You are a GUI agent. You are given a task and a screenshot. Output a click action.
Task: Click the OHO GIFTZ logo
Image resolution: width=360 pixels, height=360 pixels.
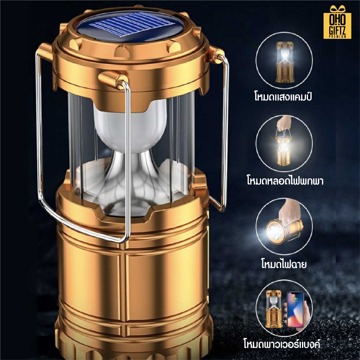(337, 22)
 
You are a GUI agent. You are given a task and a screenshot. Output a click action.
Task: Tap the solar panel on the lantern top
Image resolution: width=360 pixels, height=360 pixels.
(130, 27)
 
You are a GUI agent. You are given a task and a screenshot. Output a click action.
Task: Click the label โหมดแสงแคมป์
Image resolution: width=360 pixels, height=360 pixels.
(283, 96)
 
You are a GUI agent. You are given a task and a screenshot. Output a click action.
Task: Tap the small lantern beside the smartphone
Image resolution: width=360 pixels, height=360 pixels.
(274, 309)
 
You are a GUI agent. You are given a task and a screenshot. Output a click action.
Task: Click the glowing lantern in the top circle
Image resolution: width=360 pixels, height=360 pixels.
(284, 62)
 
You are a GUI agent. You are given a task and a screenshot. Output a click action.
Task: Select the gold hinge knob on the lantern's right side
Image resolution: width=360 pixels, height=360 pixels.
(216, 55)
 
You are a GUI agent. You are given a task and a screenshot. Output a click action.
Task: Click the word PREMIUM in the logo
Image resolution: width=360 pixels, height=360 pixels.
(338, 36)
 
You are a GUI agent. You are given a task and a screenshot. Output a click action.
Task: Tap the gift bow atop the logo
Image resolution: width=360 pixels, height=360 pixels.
(338, 9)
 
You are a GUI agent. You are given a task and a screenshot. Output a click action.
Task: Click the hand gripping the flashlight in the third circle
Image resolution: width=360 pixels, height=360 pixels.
(289, 212)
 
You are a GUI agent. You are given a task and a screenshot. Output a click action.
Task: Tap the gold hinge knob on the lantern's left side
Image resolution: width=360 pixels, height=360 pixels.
(46, 52)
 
